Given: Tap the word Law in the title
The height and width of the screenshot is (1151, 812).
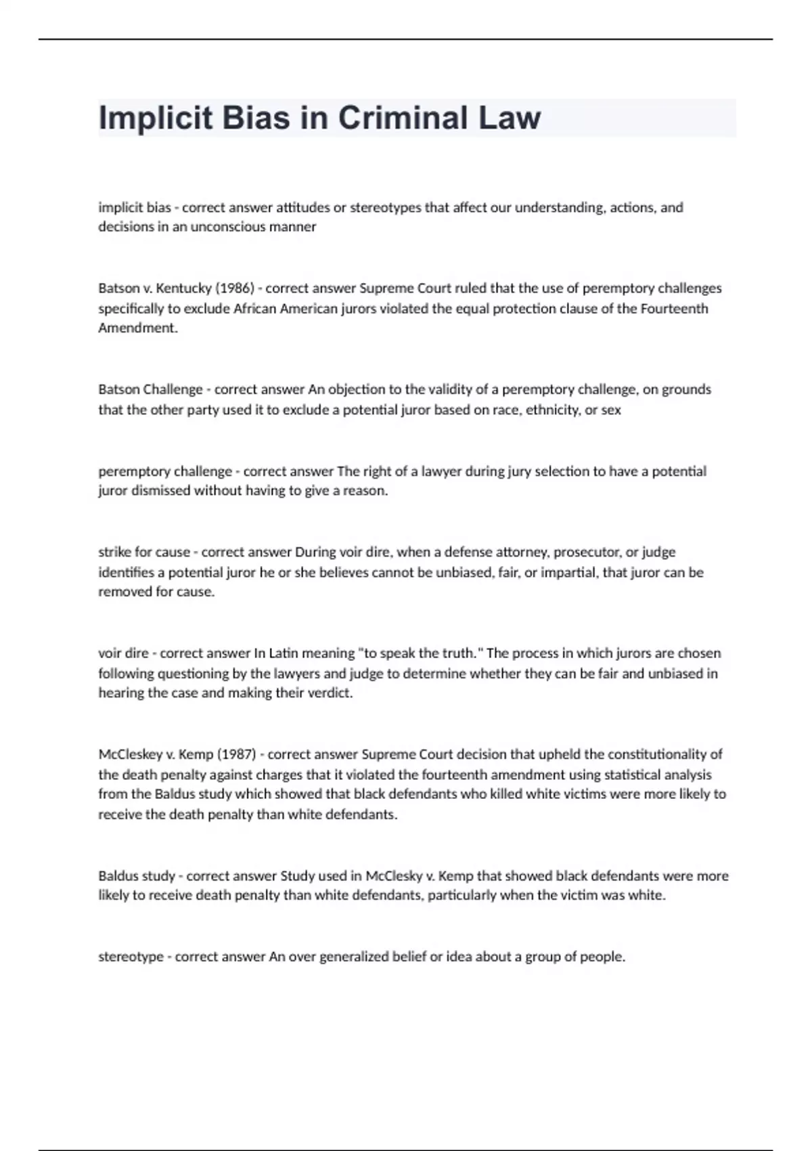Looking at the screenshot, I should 510,118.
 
